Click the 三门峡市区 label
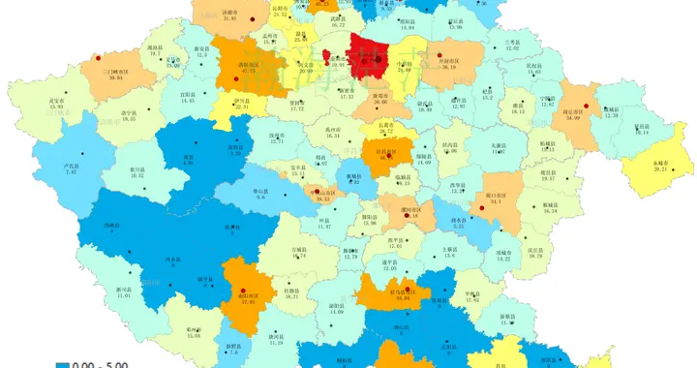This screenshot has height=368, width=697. pyautogui.click(x=122, y=70)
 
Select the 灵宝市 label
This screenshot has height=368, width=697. pyautogui.click(x=57, y=100)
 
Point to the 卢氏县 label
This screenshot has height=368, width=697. pyautogui.click(x=70, y=166)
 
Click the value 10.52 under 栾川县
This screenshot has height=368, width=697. pyautogui.click(x=136, y=175)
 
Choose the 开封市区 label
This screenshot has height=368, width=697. pyautogui.click(x=448, y=61)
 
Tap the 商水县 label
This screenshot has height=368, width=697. pyautogui.click(x=459, y=219)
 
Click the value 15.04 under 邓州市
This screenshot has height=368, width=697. pyautogui.click(x=193, y=335)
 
